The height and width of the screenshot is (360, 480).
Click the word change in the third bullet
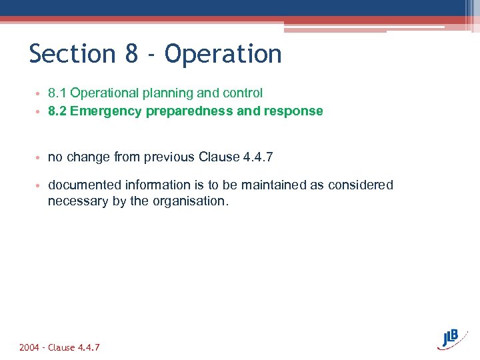click(87, 157)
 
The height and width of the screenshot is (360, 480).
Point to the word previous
click(170, 157)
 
